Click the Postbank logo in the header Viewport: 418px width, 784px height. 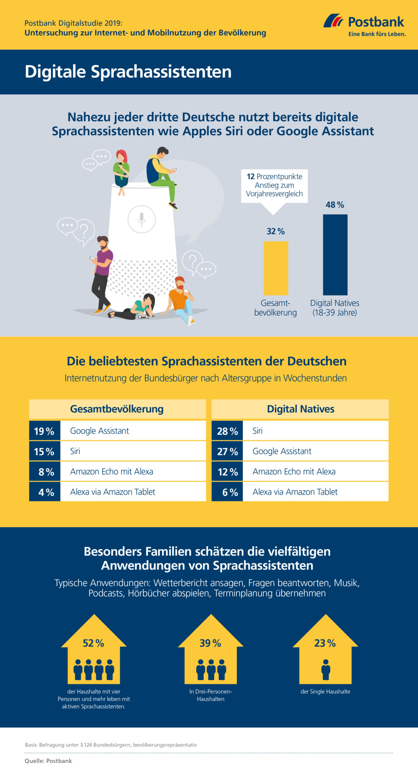364,25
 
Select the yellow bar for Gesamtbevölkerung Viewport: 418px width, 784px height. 276,268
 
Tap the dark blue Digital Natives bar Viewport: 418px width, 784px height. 335,254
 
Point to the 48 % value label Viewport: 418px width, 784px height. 335,205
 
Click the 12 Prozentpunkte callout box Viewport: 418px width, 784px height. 274,185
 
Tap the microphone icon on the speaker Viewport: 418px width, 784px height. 141,219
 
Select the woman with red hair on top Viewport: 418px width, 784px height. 121,172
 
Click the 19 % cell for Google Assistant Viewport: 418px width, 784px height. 44,431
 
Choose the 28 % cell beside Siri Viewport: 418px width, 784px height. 227,431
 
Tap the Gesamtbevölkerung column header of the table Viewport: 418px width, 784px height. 117,409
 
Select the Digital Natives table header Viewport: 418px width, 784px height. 300,409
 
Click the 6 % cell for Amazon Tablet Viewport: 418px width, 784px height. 227,492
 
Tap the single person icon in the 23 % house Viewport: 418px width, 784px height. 325,669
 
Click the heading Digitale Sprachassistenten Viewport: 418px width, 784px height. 128,72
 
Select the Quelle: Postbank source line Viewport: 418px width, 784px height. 48,761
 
